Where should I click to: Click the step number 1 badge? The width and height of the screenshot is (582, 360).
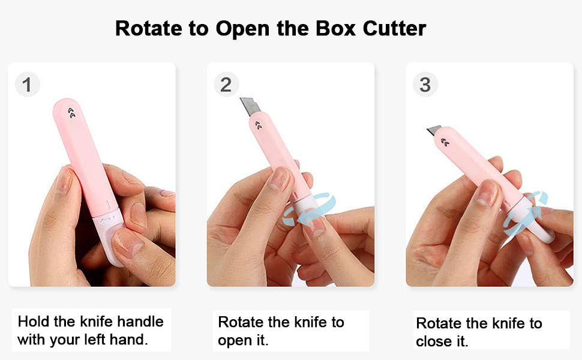pyautogui.click(x=26, y=85)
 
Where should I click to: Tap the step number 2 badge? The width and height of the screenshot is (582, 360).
pyautogui.click(x=226, y=85)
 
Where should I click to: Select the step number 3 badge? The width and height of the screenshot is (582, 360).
pyautogui.click(x=425, y=85)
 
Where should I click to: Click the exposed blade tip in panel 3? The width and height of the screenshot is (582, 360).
pyautogui.click(x=434, y=130)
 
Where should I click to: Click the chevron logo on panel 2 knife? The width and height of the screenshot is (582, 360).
pyautogui.click(x=258, y=124)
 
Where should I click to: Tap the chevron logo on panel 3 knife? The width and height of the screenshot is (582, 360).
pyautogui.click(x=446, y=142)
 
